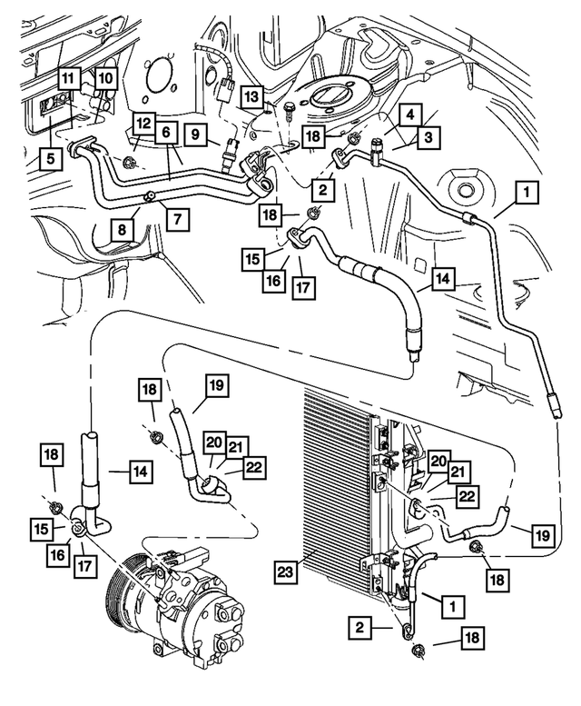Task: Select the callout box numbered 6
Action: (x=167, y=131)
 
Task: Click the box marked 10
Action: (x=106, y=79)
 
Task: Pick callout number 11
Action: (x=67, y=79)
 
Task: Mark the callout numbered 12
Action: (x=143, y=123)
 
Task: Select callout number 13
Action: (x=251, y=96)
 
